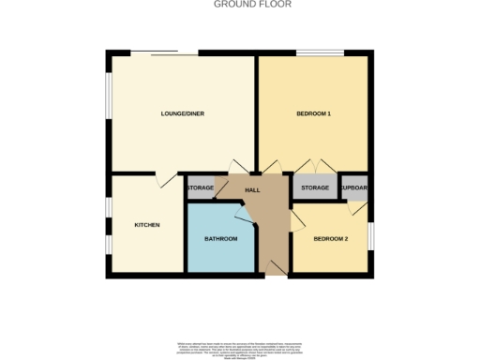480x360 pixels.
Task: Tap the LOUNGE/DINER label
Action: point(183,114)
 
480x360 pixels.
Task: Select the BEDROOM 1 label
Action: point(314,114)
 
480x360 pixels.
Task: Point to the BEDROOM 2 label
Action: point(330,239)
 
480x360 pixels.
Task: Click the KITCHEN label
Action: point(147,225)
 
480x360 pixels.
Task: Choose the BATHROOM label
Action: point(221,239)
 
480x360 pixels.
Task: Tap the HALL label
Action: point(252,190)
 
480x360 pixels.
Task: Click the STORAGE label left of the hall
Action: point(201,188)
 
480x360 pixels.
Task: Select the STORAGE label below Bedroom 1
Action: point(315,188)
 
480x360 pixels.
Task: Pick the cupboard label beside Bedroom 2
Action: point(354,188)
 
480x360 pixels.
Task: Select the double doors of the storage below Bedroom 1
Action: point(314,167)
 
